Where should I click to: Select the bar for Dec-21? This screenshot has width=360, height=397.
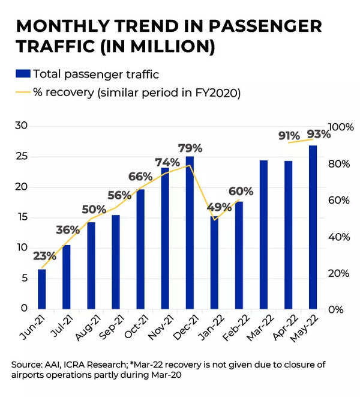pyautogui.click(x=190, y=233)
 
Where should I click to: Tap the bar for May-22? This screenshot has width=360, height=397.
pyautogui.click(x=313, y=227)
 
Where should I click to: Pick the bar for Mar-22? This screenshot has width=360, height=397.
pyautogui.click(x=263, y=235)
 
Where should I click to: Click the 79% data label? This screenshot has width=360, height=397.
pyautogui.click(x=190, y=148)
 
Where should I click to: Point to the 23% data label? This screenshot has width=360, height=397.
pyautogui.click(x=44, y=255)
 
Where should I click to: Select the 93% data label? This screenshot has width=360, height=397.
pyautogui.click(x=318, y=133)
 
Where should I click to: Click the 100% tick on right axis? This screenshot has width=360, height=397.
pyautogui.click(x=341, y=127)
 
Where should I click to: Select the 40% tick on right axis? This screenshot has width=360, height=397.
pyautogui.click(x=339, y=237)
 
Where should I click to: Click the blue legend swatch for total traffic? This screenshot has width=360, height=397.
pyautogui.click(x=22, y=74)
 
